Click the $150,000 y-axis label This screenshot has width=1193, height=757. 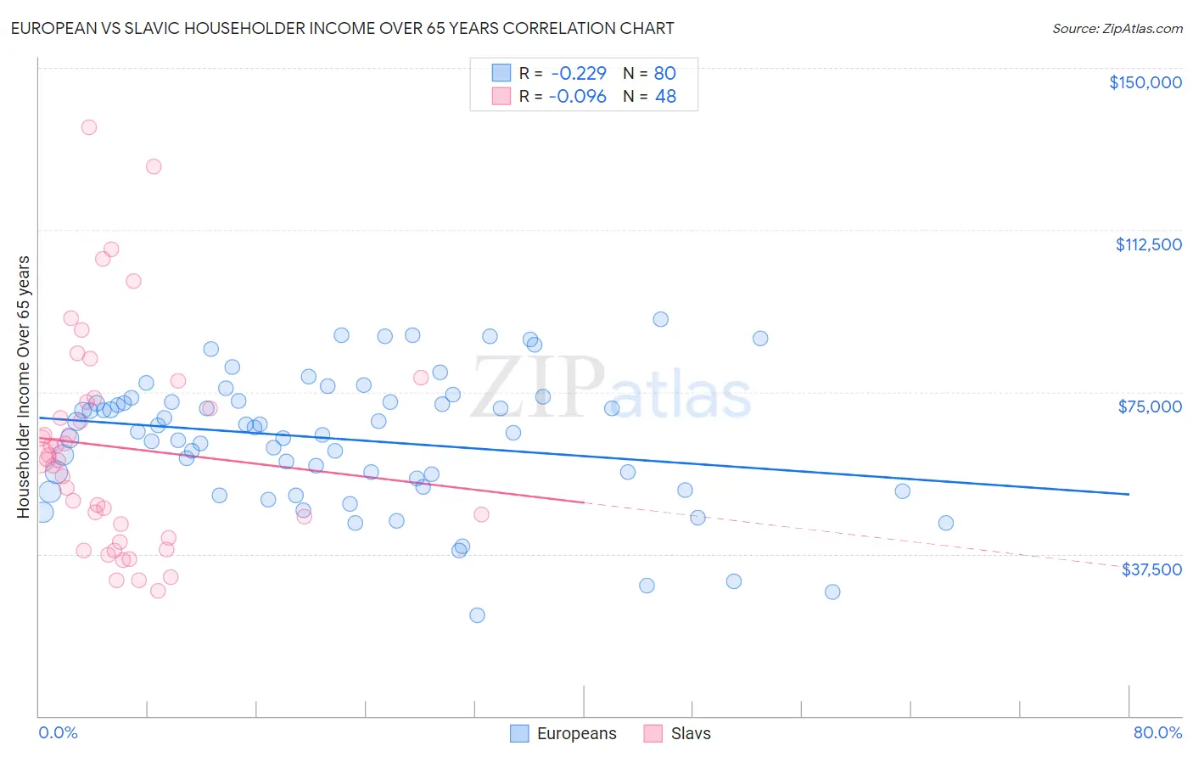(x=1145, y=82)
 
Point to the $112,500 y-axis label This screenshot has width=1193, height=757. (x=1148, y=244)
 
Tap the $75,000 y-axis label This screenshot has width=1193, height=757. (x=1150, y=407)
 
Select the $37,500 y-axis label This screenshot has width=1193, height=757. (x=1151, y=569)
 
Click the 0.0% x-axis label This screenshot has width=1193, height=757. (x=58, y=732)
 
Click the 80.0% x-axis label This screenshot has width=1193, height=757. (x=1157, y=732)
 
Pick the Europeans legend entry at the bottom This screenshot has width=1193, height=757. (x=563, y=733)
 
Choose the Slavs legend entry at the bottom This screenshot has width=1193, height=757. (x=677, y=733)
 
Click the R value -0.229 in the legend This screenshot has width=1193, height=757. (x=577, y=73)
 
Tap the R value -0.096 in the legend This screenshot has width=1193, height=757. (x=577, y=97)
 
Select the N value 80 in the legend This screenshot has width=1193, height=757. (x=665, y=73)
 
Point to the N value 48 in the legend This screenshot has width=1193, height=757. (x=665, y=97)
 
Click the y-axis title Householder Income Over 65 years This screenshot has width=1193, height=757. (x=24, y=386)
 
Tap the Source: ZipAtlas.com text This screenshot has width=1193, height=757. (x=1117, y=29)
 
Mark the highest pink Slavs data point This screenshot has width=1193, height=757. (x=88, y=127)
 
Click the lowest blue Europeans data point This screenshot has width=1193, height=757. (x=477, y=615)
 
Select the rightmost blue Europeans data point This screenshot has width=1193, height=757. (x=945, y=523)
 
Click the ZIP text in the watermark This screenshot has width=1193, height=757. (x=538, y=387)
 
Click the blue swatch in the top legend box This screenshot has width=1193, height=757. (x=501, y=73)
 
